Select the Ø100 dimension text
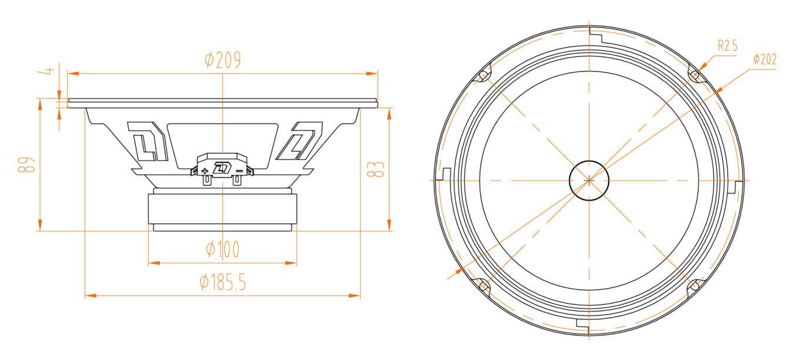[x=222, y=249]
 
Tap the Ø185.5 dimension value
[x=222, y=283]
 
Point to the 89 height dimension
[x=26, y=165]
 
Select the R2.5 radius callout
[x=728, y=46]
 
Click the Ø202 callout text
[x=765, y=59]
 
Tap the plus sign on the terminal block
[x=205, y=172]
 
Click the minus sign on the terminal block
[x=239, y=171]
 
